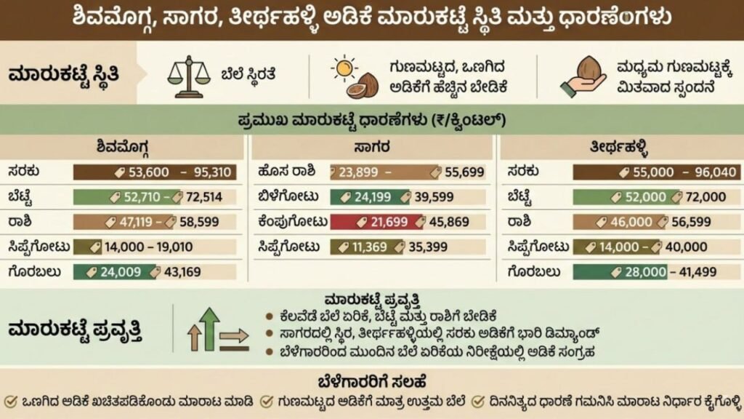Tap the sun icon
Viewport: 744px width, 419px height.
coord(344,68)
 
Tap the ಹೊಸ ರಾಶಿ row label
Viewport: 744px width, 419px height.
coord(286,172)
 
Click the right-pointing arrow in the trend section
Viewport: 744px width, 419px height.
coord(234,337)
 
